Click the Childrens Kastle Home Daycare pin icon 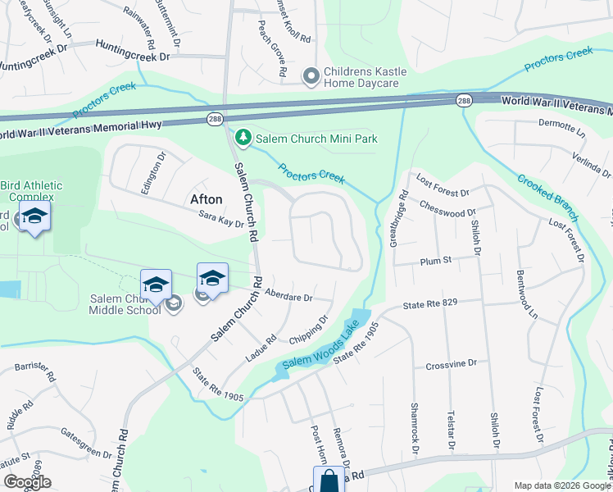click(x=311, y=76)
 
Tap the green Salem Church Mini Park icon click(x=242, y=138)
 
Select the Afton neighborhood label click(x=206, y=199)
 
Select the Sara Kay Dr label click(x=221, y=219)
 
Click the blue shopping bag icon click(x=329, y=479)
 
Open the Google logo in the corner click(x=27, y=483)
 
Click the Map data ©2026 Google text click(x=562, y=485)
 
